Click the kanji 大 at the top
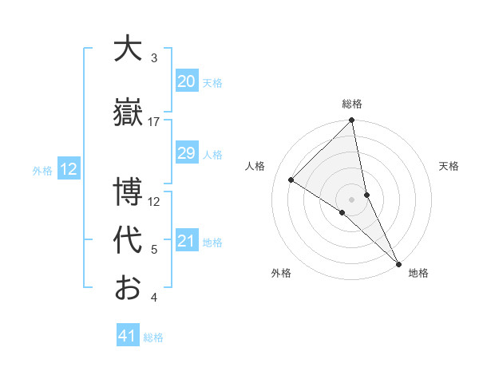[x=128, y=49]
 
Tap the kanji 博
[x=128, y=192]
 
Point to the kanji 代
[x=128, y=240]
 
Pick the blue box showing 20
[x=186, y=81]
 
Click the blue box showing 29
[x=186, y=153]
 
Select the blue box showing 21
[x=186, y=241]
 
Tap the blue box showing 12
[x=68, y=169]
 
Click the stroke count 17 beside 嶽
[x=154, y=121]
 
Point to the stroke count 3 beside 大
[x=154, y=58]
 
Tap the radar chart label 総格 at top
[x=352, y=104]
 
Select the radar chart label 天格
[x=449, y=166]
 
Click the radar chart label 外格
[x=281, y=274]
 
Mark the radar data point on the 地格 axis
[x=398, y=262]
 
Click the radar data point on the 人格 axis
[x=291, y=180]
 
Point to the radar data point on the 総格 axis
[x=352, y=121]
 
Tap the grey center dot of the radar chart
[x=352, y=198]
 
